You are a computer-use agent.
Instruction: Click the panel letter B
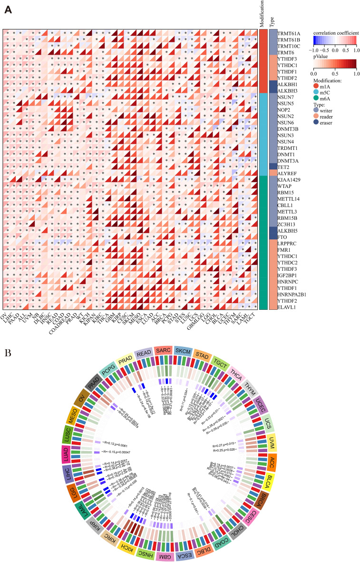click(x=6, y=354)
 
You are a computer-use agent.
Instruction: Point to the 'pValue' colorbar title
click(x=321, y=56)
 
